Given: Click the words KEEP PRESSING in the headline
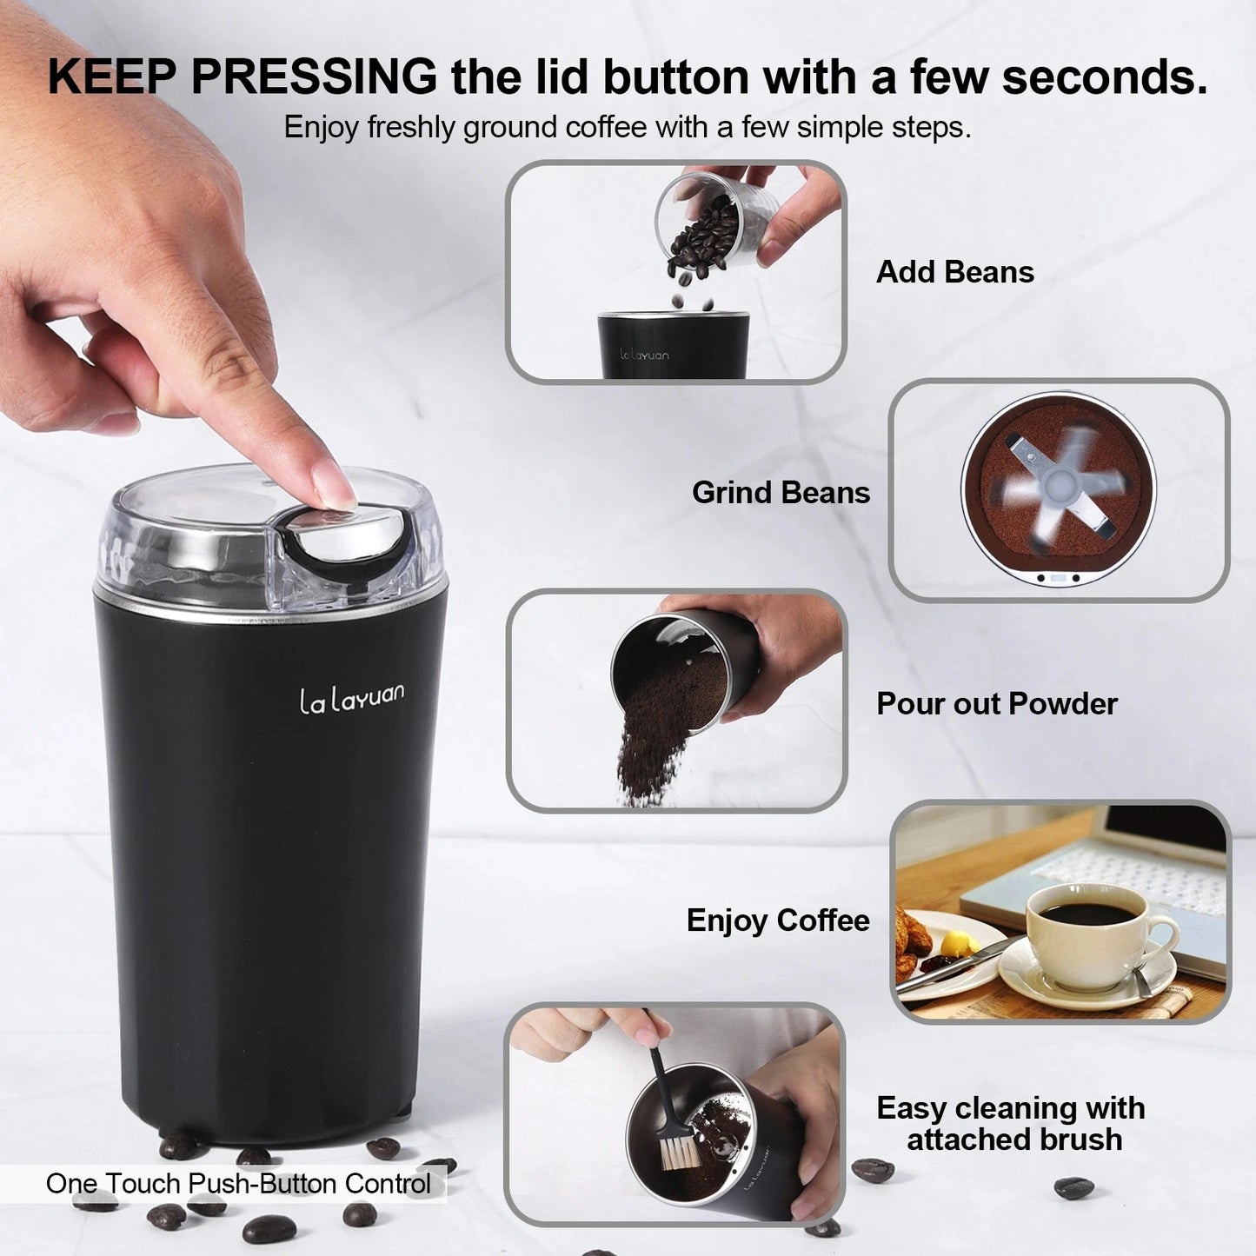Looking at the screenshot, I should point(243,76).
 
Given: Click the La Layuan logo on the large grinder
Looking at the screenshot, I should point(351,699).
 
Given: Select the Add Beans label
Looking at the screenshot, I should point(954,272).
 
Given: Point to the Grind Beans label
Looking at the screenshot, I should point(781,493).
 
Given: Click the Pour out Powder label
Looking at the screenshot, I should point(996,703).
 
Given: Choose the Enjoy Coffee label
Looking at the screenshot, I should point(778,920).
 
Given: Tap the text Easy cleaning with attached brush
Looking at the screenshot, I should point(1011,1123).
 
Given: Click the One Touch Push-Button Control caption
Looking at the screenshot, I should point(238,1184).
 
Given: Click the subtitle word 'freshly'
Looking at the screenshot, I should point(413,128).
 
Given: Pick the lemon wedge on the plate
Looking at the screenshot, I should point(956,942).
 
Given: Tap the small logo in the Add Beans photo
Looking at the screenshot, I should point(644,355).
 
